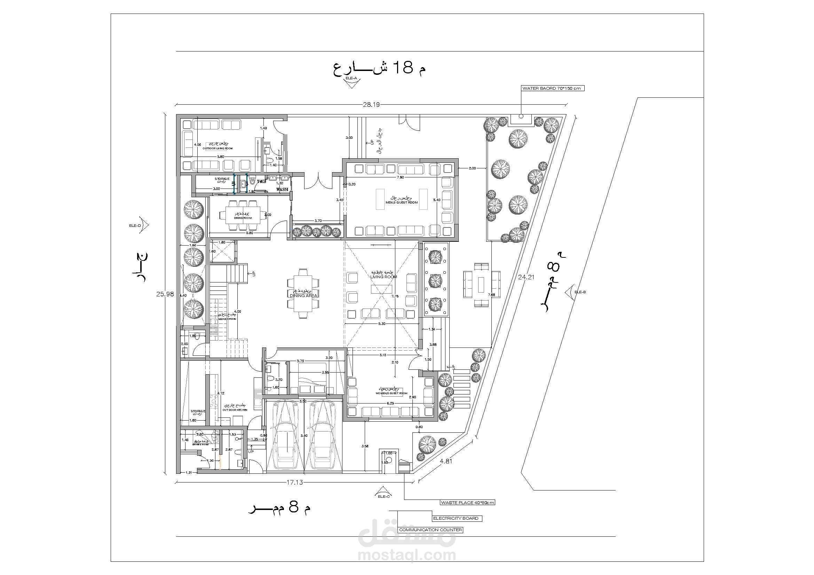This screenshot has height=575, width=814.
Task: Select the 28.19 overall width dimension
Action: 371,104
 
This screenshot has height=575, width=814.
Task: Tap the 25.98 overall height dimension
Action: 165,294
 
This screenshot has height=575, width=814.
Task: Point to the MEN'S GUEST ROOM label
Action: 401,202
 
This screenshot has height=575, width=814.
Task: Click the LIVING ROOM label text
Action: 383,277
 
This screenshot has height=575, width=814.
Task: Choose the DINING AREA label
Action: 303,295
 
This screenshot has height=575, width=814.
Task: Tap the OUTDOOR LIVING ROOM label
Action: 217,148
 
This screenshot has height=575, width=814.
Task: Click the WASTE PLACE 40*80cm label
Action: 467,502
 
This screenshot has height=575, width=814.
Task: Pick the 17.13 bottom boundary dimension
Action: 294,482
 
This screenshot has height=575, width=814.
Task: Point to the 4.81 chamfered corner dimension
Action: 446,461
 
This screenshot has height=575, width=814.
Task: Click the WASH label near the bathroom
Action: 282,190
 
